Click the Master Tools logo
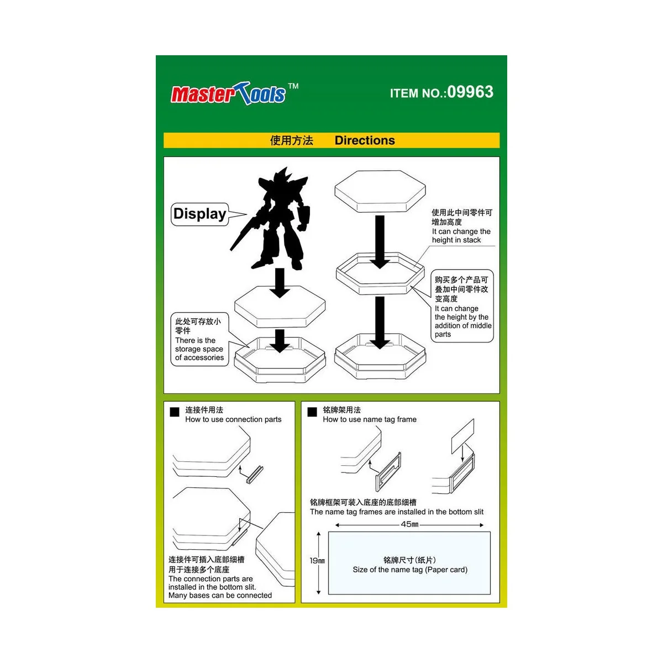point(229,94)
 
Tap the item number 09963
point(470,92)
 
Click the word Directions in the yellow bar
point(365,140)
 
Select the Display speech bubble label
point(200,214)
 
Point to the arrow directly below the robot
point(280,283)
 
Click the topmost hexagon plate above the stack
point(381,191)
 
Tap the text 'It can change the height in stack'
point(461,236)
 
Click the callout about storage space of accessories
point(199,349)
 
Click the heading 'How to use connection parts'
point(233,419)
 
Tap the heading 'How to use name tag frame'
point(370,419)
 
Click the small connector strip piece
point(254,475)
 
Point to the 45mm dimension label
point(409,524)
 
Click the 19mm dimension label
point(317,561)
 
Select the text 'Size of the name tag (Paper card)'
point(410,570)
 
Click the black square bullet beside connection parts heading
point(175,412)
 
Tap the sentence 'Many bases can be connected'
point(220,596)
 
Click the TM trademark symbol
point(293,86)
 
